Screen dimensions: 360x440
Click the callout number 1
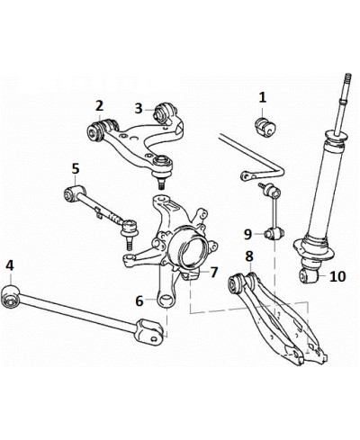pyautogui.click(x=263, y=97)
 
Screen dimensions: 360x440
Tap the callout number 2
pyautogui.click(x=99, y=106)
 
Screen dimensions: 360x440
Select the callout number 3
pyautogui.click(x=139, y=109)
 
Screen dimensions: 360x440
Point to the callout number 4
pyautogui.click(x=10, y=265)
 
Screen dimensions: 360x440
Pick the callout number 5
pyautogui.click(x=76, y=168)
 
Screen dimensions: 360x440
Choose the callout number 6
pyautogui.click(x=139, y=301)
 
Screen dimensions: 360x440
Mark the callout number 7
pyautogui.click(x=213, y=273)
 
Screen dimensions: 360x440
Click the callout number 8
pyautogui.click(x=249, y=256)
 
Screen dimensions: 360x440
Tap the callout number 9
pyautogui.click(x=247, y=234)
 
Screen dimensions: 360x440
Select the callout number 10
pyautogui.click(x=337, y=276)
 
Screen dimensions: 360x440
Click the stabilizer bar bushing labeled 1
pyautogui.click(x=265, y=128)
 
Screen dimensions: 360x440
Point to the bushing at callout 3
pyautogui.click(x=164, y=112)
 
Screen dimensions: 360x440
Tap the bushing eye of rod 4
pyautogui.click(x=10, y=296)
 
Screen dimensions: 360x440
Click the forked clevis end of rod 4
pyautogui.click(x=149, y=332)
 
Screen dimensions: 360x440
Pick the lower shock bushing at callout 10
pyautogui.click(x=310, y=275)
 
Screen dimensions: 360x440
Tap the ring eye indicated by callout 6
pyautogui.click(x=166, y=301)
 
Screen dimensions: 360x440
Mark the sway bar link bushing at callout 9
pyautogui.click(x=274, y=234)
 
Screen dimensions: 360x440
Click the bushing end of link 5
pyautogui.click(x=72, y=193)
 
